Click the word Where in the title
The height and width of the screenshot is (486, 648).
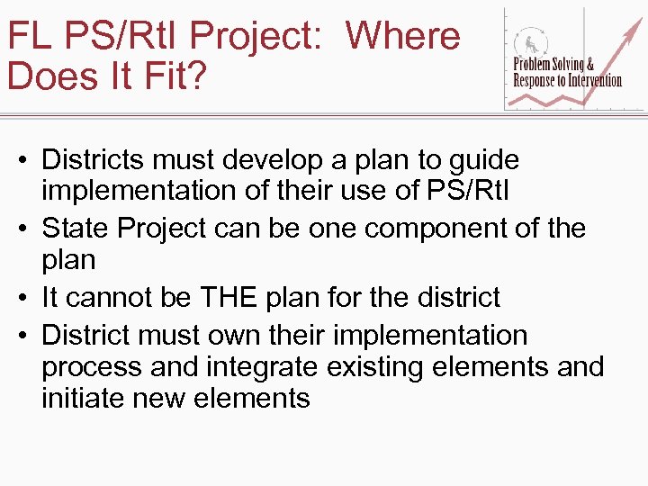[403, 36]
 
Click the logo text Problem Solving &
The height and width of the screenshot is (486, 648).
[553, 65]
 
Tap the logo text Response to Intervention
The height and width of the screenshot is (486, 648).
[567, 80]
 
